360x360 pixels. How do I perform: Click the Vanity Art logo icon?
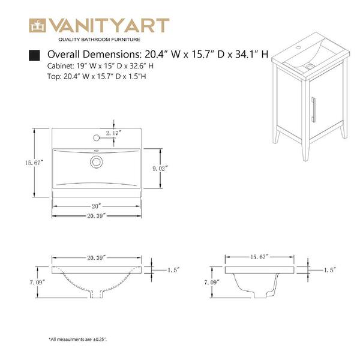pos(39,26)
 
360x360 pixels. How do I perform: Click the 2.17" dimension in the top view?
pos(114,132)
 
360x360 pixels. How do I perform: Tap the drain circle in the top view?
pos(96,161)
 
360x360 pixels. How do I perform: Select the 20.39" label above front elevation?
pos(96,257)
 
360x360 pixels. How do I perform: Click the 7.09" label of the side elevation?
pos(209,281)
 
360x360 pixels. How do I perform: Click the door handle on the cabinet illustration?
pos(314,109)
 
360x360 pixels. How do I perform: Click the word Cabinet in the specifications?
pos(61,66)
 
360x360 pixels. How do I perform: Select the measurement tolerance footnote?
pos(78,339)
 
